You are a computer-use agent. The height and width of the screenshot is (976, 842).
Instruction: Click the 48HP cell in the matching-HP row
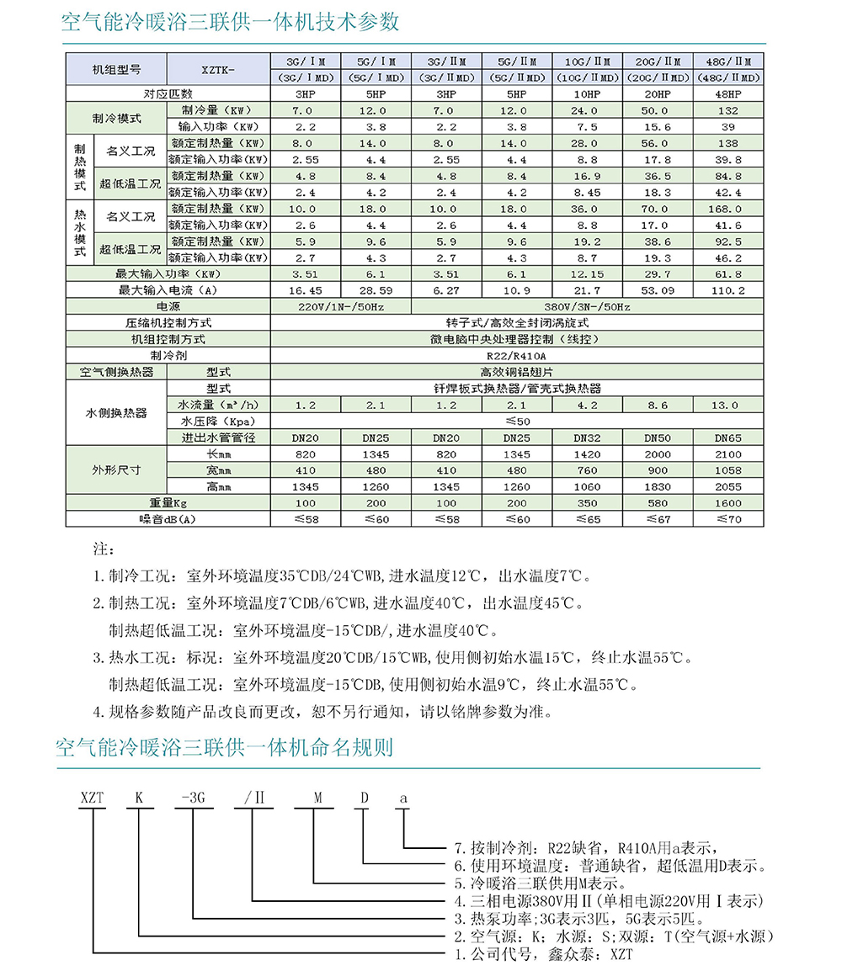coord(728,94)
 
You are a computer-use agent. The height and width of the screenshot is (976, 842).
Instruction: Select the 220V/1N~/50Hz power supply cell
coord(341,307)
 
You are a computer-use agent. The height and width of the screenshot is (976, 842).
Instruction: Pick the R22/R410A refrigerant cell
coord(517,355)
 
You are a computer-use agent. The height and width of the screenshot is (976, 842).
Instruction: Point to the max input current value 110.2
coord(728,290)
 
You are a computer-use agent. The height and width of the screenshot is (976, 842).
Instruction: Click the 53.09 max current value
coord(658,290)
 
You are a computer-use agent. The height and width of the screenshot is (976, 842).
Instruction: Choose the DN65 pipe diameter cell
coord(728,438)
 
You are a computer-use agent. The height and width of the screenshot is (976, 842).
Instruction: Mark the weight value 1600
coord(728,503)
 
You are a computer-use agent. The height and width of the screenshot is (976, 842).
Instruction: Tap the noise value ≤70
coord(728,520)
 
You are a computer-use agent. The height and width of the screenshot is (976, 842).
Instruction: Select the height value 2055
coord(728,486)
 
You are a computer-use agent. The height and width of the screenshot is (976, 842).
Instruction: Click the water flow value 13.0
coord(728,405)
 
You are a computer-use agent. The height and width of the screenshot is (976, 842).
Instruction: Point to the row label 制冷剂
coord(168,355)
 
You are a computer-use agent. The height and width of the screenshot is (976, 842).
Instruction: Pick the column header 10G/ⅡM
coord(588,61)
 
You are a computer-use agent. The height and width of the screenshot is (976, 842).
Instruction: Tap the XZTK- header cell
coord(218,69)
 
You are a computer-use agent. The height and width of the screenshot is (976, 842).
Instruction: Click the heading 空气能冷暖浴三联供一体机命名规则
coord(224,747)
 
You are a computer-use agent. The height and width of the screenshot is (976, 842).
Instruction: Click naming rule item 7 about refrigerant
coord(585,847)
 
